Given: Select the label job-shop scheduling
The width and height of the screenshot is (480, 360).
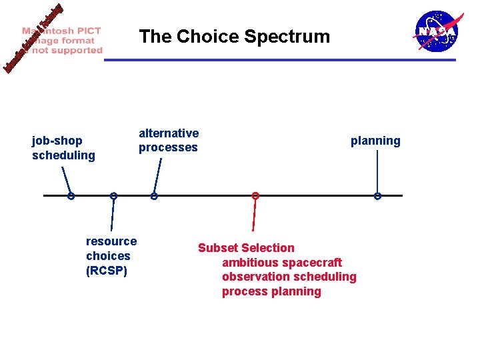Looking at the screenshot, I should (63, 148).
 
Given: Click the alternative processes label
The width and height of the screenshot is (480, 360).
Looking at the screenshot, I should (168, 141).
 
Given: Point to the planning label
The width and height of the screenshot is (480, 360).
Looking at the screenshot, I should (375, 141).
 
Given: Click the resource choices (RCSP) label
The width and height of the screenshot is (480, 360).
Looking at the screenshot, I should (111, 256).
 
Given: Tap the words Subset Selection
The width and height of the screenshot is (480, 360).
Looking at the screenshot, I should (246, 248).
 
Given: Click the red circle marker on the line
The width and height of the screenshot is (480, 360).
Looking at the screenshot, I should (255, 195).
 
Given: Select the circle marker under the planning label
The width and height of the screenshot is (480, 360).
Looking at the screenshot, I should (377, 196).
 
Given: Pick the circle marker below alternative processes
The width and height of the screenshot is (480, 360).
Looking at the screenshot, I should (154, 196).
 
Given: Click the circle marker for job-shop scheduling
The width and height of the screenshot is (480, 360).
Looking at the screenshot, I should (70, 196).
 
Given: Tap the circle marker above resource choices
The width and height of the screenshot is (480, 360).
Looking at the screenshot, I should (114, 196).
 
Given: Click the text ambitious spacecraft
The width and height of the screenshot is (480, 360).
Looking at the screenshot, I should (281, 263).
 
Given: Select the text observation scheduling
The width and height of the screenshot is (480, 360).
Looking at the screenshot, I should (289, 277).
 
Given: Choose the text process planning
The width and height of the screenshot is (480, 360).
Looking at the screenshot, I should (271, 291).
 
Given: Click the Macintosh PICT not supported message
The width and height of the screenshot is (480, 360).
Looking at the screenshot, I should (62, 41).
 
